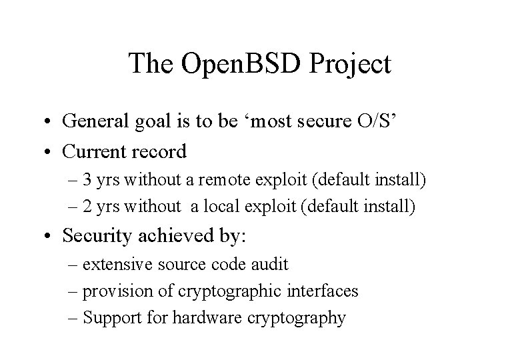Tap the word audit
tap(271, 265)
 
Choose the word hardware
tap(199, 318)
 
